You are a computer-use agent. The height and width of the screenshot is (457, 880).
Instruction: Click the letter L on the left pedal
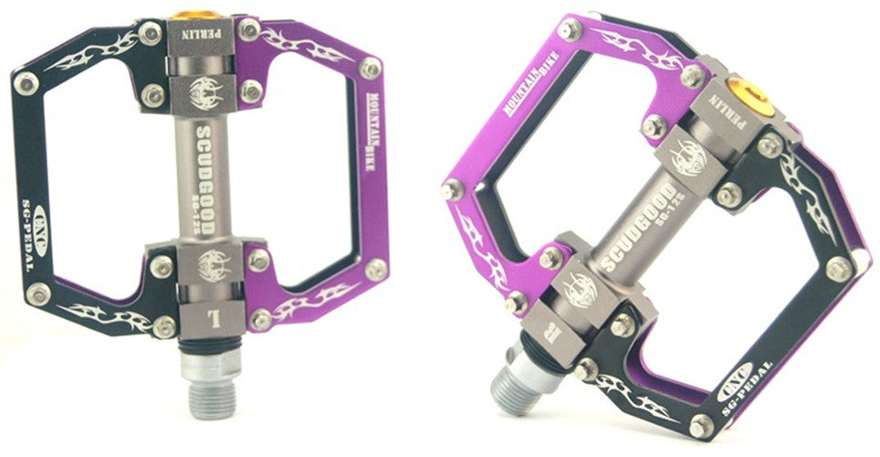pyautogui.click(x=215, y=320)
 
